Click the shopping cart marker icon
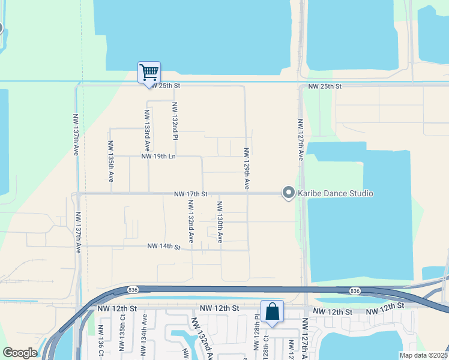click(149, 73)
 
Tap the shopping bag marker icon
click(272, 311)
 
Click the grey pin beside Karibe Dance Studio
click(289, 193)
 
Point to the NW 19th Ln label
click(158, 157)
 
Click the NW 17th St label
click(190, 194)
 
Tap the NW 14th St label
click(164, 247)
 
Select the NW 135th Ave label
click(110, 161)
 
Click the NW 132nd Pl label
click(175, 122)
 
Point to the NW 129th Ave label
click(246, 168)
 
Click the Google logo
click(20, 353)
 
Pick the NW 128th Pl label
click(256, 325)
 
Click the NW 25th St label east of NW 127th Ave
click(325, 87)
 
